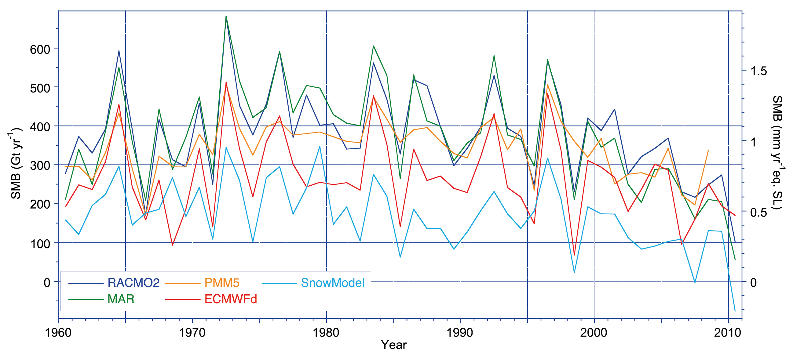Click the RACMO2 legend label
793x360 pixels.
click(133, 283)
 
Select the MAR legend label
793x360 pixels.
click(121, 299)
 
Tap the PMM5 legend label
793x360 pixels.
click(222, 283)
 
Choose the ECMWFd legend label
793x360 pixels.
click(231, 299)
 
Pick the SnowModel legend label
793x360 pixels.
click(332, 283)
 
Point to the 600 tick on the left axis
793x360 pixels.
click(40, 49)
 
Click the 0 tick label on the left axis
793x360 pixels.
click(47, 282)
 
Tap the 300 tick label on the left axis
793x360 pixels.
click(40, 166)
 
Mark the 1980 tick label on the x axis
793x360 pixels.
click(326, 333)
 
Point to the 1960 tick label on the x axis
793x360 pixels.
click(58, 333)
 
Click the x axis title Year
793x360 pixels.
click(393, 345)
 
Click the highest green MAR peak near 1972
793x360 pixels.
click(226, 16)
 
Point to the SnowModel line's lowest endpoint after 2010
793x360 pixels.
click(735, 311)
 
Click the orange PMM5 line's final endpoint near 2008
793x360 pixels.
click(708, 150)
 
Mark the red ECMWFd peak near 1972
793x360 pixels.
click(226, 82)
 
